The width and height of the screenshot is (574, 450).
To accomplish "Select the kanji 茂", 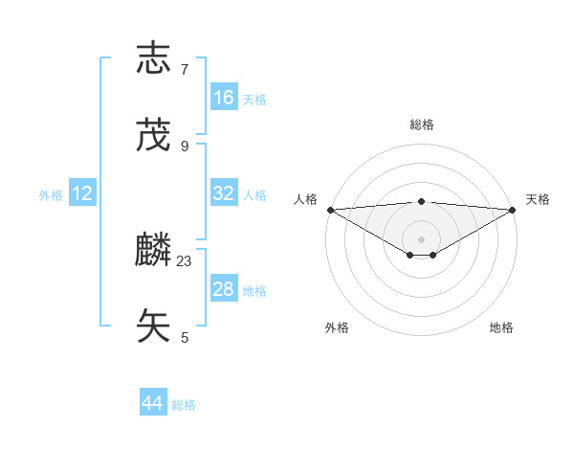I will [x=154, y=135].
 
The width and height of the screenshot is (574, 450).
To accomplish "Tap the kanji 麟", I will [x=154, y=251].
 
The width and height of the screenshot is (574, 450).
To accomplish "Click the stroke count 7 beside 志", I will [x=185, y=69].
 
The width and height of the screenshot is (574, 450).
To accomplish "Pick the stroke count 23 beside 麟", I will [x=185, y=260].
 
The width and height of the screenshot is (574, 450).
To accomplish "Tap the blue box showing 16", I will [x=224, y=98].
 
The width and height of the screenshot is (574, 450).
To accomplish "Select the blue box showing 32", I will [x=224, y=193].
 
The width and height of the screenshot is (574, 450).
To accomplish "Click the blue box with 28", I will [x=224, y=289].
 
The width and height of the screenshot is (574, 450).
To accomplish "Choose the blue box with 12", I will [x=82, y=193].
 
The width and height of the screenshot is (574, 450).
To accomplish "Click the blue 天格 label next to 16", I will [x=254, y=99].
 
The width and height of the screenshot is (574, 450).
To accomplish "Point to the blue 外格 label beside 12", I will [x=51, y=194].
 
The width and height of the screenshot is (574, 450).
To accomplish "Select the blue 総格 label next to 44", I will [x=184, y=405].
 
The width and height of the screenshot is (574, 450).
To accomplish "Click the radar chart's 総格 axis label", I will [x=421, y=124].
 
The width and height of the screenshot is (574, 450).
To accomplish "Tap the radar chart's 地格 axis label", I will [x=501, y=327].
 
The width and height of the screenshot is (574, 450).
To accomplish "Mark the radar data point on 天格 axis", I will [x=513, y=210].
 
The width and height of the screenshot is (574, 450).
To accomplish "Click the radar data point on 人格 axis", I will [x=330, y=210].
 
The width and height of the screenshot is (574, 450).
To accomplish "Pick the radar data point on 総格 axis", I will [x=421, y=201].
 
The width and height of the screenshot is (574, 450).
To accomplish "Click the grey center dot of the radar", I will [x=421, y=238].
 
